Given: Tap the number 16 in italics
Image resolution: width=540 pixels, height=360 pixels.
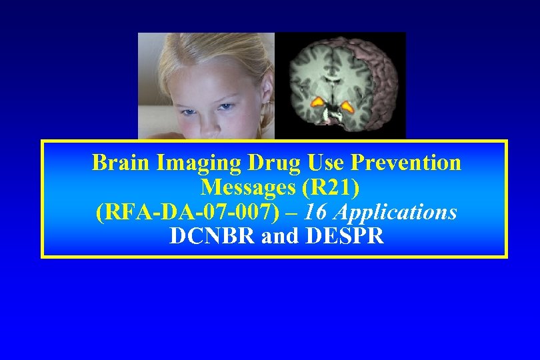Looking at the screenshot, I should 319,212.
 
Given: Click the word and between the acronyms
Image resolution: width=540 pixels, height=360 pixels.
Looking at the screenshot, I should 283,236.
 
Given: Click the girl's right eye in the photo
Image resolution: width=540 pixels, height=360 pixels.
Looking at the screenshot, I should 185,105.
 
